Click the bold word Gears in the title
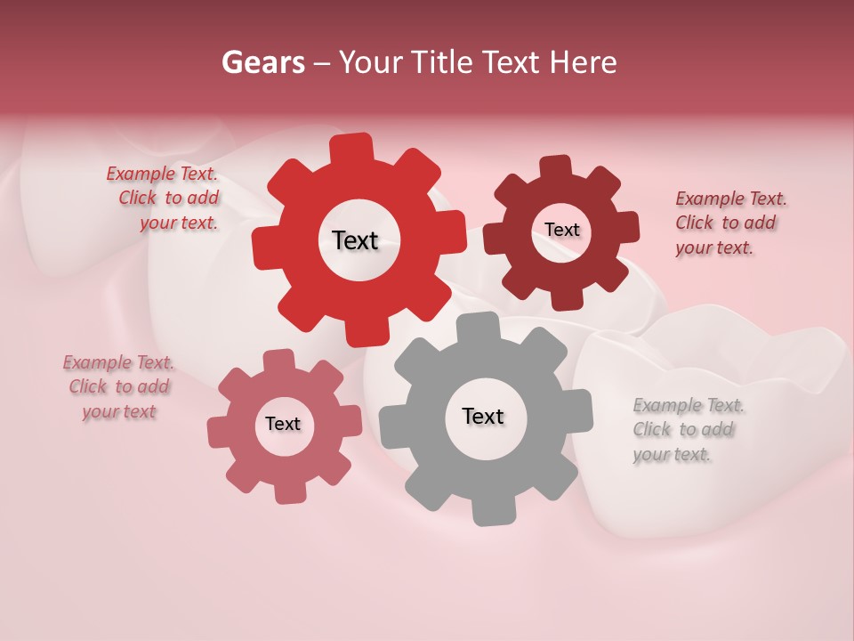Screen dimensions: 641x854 pyautogui.click(x=262, y=62)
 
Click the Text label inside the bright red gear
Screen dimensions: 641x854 pyautogui.click(x=355, y=240)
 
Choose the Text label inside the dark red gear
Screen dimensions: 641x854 pyautogui.click(x=561, y=230)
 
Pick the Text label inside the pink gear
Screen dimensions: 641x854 pyautogui.click(x=283, y=424)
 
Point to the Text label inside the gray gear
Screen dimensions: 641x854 pyautogui.click(x=483, y=416)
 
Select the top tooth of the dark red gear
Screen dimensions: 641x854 pyautogui.click(x=556, y=167)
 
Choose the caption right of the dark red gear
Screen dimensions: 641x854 pyautogui.click(x=729, y=223)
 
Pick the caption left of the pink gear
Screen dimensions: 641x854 pyautogui.click(x=118, y=387)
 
